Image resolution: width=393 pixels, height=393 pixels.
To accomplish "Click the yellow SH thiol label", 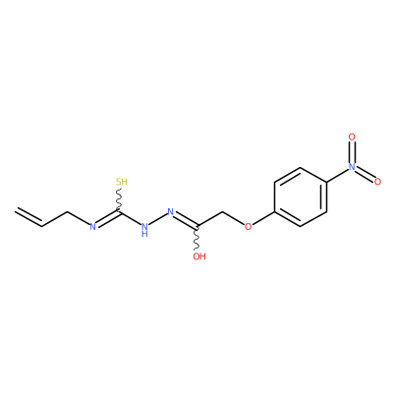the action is point(122,182).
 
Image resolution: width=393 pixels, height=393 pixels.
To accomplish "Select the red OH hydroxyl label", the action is point(199,256).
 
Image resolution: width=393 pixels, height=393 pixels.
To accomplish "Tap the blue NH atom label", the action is point(144,229).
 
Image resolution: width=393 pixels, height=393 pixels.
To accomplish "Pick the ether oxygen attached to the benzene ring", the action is point(249,226).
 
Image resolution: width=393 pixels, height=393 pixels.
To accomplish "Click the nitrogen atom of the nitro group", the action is point(352,166).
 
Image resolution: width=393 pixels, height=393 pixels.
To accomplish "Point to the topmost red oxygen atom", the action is point(352,137).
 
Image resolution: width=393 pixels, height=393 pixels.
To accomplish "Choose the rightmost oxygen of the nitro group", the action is point(377,182).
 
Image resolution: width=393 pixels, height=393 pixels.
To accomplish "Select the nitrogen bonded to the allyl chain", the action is point(93,226).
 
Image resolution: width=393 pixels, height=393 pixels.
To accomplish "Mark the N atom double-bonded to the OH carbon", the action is point(171,211).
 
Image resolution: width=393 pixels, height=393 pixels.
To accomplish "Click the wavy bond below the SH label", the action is point(119,198).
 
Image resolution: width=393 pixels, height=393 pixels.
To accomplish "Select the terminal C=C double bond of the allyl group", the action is point(28,217).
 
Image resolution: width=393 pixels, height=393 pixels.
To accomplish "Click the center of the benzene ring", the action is point(301,196).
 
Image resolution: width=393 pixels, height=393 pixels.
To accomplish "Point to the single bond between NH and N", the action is point(158,219).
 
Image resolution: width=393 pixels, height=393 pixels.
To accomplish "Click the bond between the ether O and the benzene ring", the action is point(263,218).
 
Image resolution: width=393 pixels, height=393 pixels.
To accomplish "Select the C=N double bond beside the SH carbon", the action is point(107,218).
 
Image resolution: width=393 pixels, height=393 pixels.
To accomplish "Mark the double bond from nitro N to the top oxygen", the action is point(352,151).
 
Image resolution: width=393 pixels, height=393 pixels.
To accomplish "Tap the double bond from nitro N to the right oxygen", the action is point(365,174).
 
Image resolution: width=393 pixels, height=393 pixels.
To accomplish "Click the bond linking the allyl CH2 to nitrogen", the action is point(79,218).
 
